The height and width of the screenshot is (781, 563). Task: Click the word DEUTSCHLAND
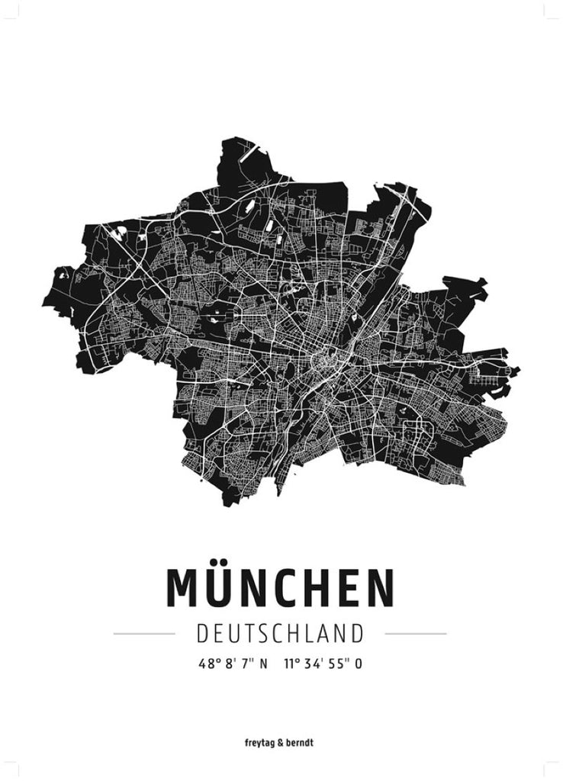280,633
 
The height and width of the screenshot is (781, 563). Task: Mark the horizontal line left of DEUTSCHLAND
144,633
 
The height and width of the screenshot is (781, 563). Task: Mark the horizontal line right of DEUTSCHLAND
416,633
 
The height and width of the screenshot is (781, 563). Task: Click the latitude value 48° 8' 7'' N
233,664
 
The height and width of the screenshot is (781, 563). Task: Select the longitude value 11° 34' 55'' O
323,664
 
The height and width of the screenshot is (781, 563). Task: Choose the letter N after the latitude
263,664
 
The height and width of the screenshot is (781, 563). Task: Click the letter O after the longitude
358,664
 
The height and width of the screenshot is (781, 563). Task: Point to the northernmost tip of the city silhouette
233,138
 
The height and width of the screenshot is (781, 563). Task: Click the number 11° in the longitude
290,664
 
